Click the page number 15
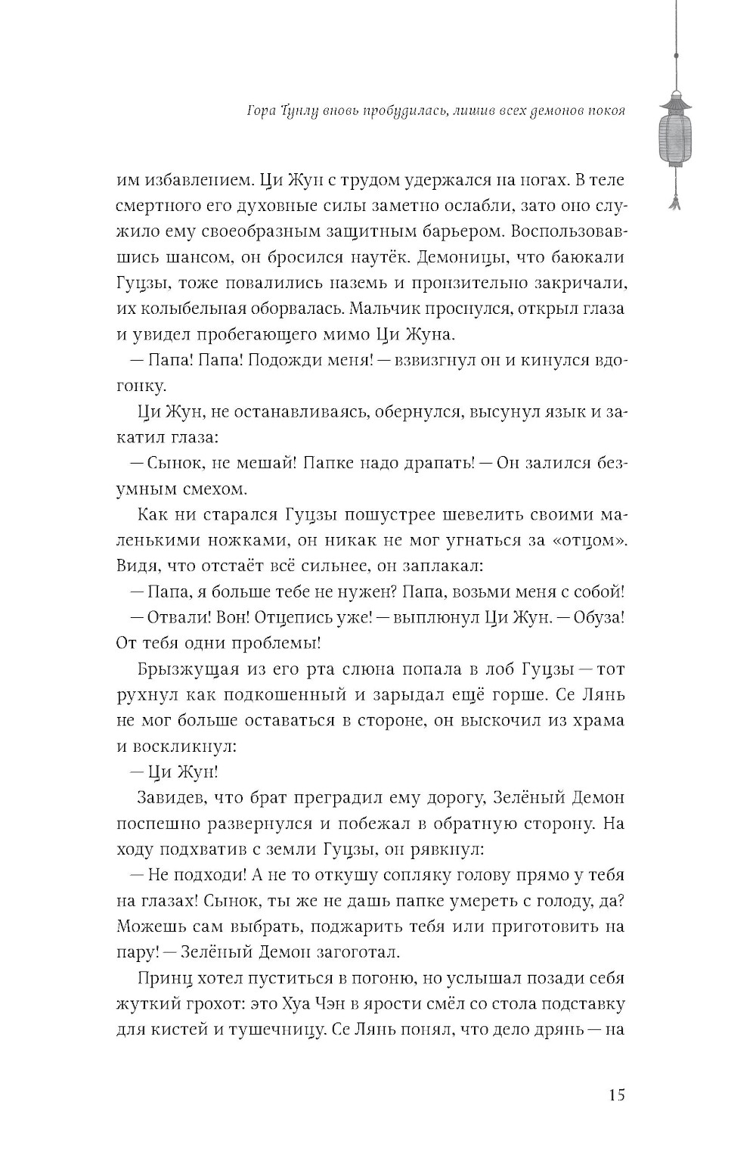(616, 1094)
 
